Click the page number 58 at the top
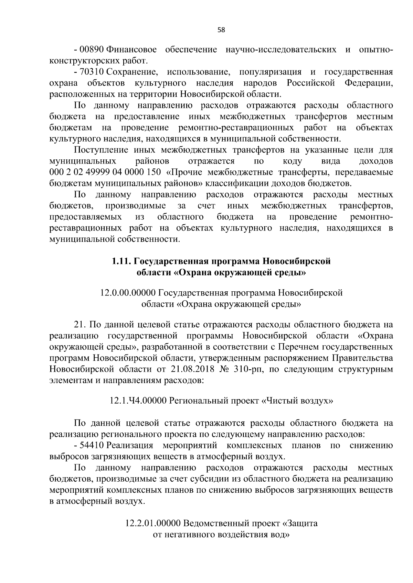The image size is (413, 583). coord(221,30)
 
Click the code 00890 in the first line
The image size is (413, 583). coord(92,50)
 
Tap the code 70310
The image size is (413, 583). coord(92,72)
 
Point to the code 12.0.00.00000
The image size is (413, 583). coord(128,293)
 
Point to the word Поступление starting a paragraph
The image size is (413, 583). coord(101,150)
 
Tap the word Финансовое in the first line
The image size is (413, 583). coord(132,50)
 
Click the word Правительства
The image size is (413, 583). coord(362,358)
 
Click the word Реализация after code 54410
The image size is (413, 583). coord(130,446)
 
